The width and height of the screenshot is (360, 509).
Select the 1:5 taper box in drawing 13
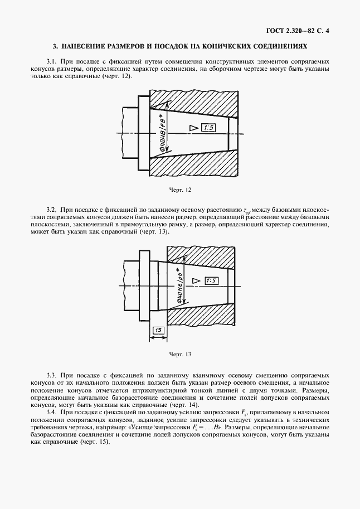pos(212,280)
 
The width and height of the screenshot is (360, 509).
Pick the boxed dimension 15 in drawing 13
pos(159,331)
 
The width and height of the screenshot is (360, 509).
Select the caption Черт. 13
pos(180,354)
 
